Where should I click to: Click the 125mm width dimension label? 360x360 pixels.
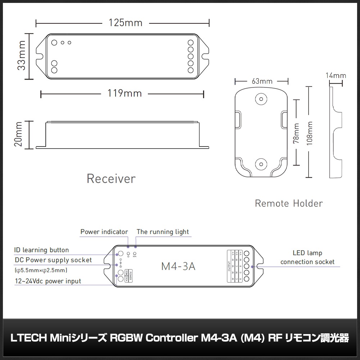(126, 23)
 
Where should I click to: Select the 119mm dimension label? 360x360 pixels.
(125, 94)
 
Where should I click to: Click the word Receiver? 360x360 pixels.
(111, 179)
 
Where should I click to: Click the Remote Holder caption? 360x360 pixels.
(289, 203)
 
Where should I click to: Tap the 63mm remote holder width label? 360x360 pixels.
(262, 81)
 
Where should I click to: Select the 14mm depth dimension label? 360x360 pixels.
(336, 76)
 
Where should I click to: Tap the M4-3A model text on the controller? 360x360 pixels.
(179, 267)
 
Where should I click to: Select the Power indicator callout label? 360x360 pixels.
(104, 232)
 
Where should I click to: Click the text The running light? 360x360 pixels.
(163, 232)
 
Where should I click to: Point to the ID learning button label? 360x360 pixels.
(41, 250)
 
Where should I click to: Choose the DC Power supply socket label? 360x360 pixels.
(53, 260)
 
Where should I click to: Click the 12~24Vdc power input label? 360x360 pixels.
(48, 281)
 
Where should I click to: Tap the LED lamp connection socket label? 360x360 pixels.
(307, 257)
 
